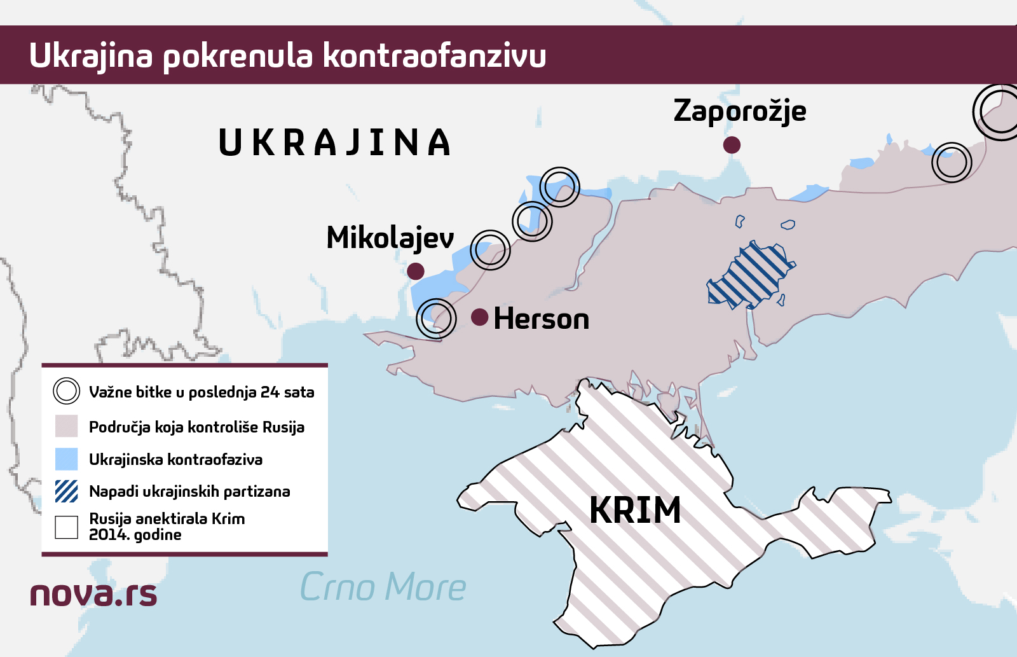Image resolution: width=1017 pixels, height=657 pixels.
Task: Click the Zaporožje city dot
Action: [x=732, y=145]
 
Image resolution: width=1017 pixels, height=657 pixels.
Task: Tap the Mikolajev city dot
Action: [x=415, y=271]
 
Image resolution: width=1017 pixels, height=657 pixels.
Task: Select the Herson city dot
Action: [x=480, y=317]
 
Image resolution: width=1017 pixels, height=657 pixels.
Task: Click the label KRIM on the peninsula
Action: [x=635, y=510]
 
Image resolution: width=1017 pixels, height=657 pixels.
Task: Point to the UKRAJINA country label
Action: [x=334, y=142]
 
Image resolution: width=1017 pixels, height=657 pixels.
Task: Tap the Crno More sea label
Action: [x=383, y=586]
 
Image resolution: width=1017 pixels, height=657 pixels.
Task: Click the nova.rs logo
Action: [x=93, y=594]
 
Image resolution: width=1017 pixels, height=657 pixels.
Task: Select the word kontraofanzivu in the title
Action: [x=434, y=55]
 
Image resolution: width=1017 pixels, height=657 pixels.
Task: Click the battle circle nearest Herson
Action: [x=436, y=319]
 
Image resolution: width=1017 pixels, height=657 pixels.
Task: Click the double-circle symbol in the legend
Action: [x=67, y=391]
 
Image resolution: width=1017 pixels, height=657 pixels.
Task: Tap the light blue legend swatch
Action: [x=66, y=459]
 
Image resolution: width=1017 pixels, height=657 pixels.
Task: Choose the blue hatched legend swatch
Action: [x=66, y=491]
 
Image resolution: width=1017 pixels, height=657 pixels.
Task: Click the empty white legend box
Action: [x=66, y=527]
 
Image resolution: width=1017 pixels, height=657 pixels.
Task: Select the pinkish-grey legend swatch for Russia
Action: [x=66, y=426]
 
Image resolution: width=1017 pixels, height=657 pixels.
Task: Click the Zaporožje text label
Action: [x=740, y=111]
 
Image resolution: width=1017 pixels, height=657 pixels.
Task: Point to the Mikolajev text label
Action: [x=390, y=239]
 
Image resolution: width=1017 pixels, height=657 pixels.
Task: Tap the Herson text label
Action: [x=542, y=319]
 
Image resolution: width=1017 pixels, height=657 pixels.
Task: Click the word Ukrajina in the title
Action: [x=91, y=55]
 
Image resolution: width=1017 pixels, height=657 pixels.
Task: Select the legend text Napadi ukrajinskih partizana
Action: [x=189, y=492]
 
